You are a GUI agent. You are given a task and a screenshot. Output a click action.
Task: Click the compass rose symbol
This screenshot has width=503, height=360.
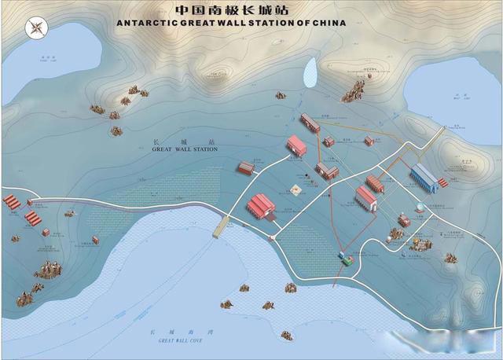point(36,28)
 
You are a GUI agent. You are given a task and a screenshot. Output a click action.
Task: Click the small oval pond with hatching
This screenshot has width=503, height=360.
point(310,72)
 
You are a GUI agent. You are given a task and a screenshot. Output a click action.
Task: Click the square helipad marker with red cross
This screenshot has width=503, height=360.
point(297,189)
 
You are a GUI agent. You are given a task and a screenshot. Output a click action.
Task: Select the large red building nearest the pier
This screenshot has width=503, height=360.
point(261,206)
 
